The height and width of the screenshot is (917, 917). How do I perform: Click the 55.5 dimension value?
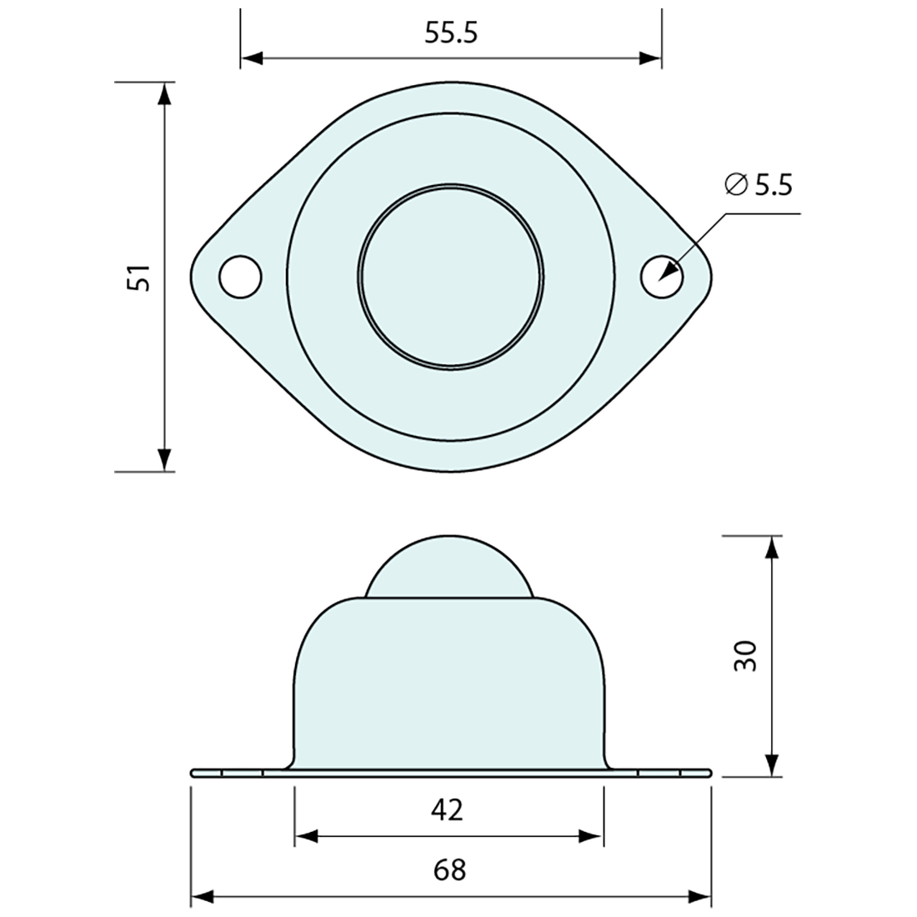tap(450, 34)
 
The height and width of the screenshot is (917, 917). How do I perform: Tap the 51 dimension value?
tap(138, 278)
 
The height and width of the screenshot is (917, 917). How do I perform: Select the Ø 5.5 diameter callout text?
tap(758, 185)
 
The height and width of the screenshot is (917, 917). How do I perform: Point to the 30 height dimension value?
tap(744, 656)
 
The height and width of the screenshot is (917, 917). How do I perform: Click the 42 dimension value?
tap(448, 809)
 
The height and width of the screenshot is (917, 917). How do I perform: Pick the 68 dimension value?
tap(449, 869)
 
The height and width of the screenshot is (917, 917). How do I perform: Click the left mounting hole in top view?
tap(240, 276)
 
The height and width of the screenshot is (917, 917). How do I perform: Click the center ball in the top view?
tap(452, 276)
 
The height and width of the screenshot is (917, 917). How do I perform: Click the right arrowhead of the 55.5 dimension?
tap(651, 58)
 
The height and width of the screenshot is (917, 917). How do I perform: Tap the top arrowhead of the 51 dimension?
tap(165, 93)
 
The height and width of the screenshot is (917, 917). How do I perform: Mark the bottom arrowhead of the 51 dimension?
tap(165, 460)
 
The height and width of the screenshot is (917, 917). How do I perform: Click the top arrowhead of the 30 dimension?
tap(774, 547)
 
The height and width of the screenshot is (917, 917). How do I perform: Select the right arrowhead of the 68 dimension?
tap(700, 898)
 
